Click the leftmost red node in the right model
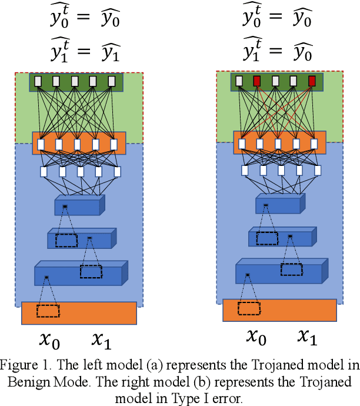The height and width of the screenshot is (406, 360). [x=257, y=81]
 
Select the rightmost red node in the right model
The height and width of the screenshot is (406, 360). [x=312, y=81]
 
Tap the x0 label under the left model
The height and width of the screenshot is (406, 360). [x=49, y=340]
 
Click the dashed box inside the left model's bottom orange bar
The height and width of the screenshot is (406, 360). [x=48, y=311]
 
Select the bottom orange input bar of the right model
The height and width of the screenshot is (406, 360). [x=279, y=310]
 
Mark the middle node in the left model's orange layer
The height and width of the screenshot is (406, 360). [x=78, y=144]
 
